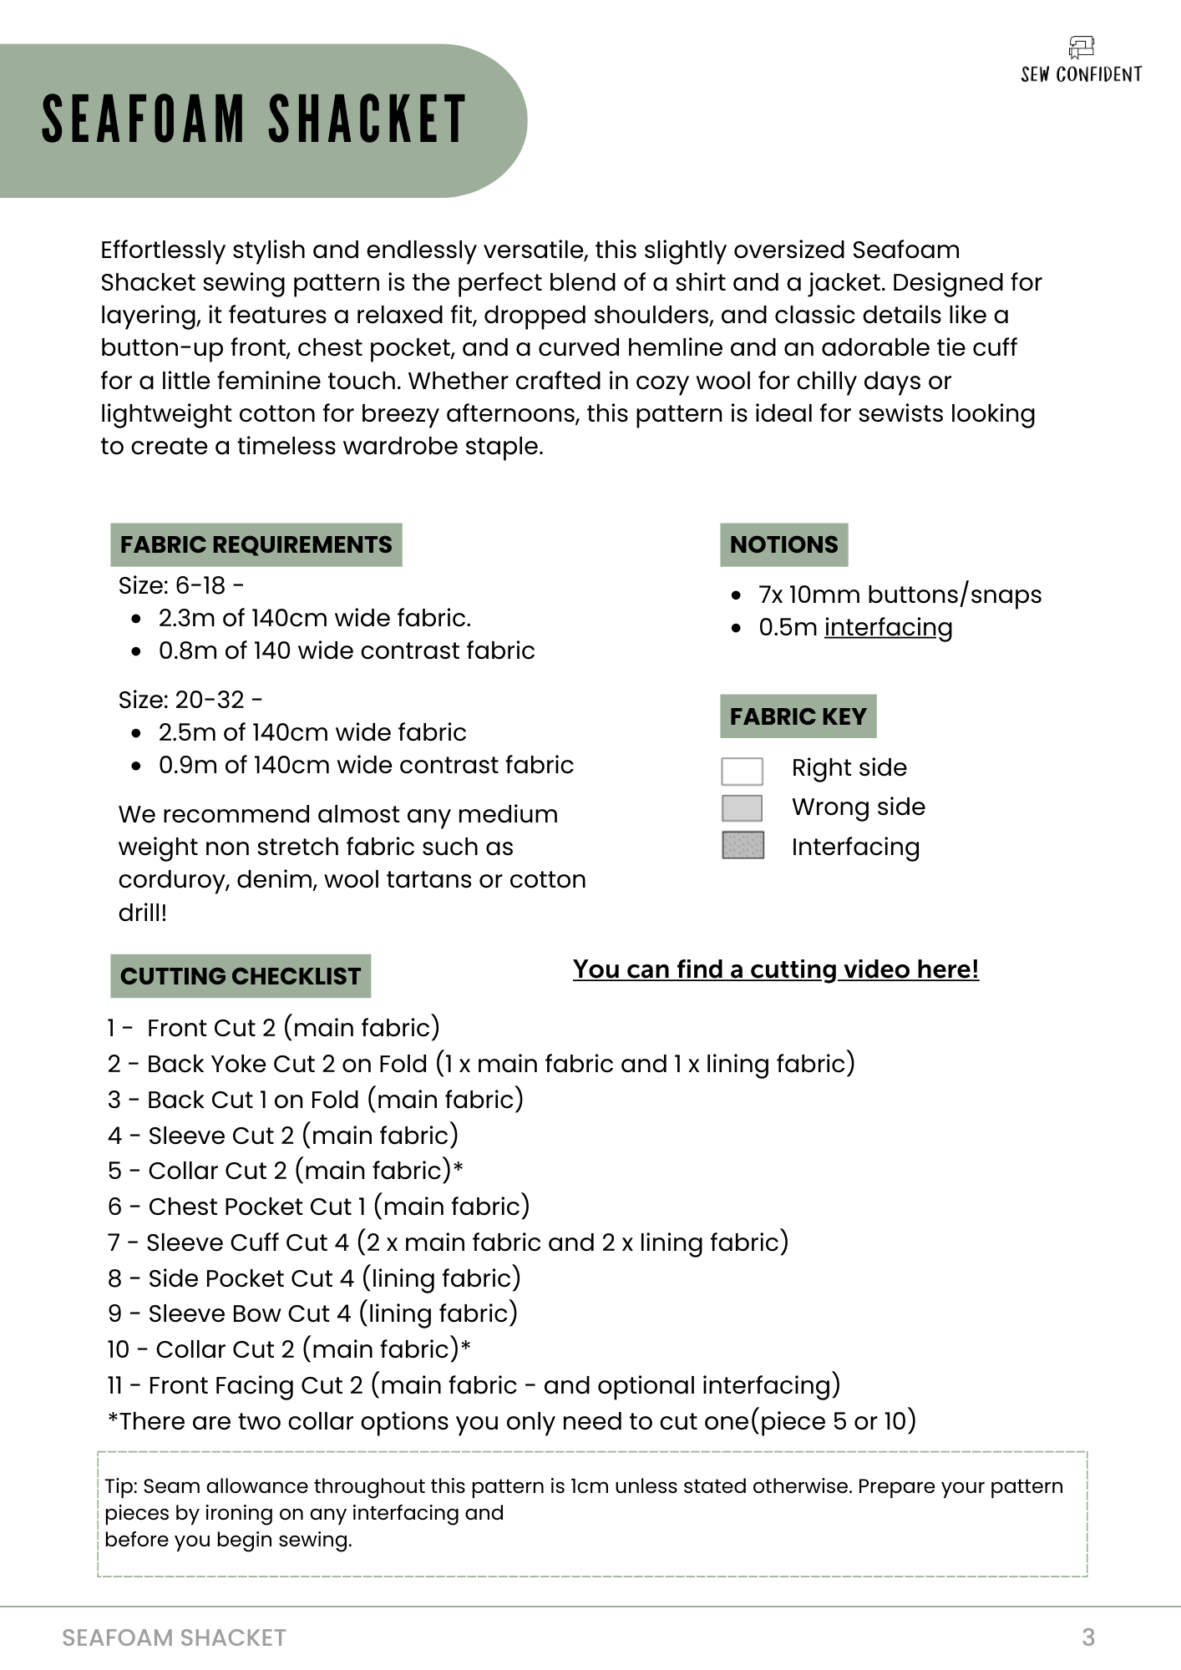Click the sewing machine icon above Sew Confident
tap(1081, 48)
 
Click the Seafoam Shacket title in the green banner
tap(254, 119)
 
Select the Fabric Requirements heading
tap(256, 545)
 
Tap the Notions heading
tap(783, 545)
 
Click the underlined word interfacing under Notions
tap(888, 628)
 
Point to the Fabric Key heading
tap(798, 716)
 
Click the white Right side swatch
tap(742, 771)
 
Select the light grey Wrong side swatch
tap(742, 808)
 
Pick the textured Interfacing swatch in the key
tap(742, 846)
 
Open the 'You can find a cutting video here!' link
tap(775, 969)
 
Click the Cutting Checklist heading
tap(241, 976)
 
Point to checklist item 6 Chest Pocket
tap(318, 1207)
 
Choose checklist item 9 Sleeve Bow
tap(312, 1313)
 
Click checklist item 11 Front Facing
tap(473, 1385)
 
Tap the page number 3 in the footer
tap(1087, 1637)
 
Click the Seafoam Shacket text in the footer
tap(174, 1638)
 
